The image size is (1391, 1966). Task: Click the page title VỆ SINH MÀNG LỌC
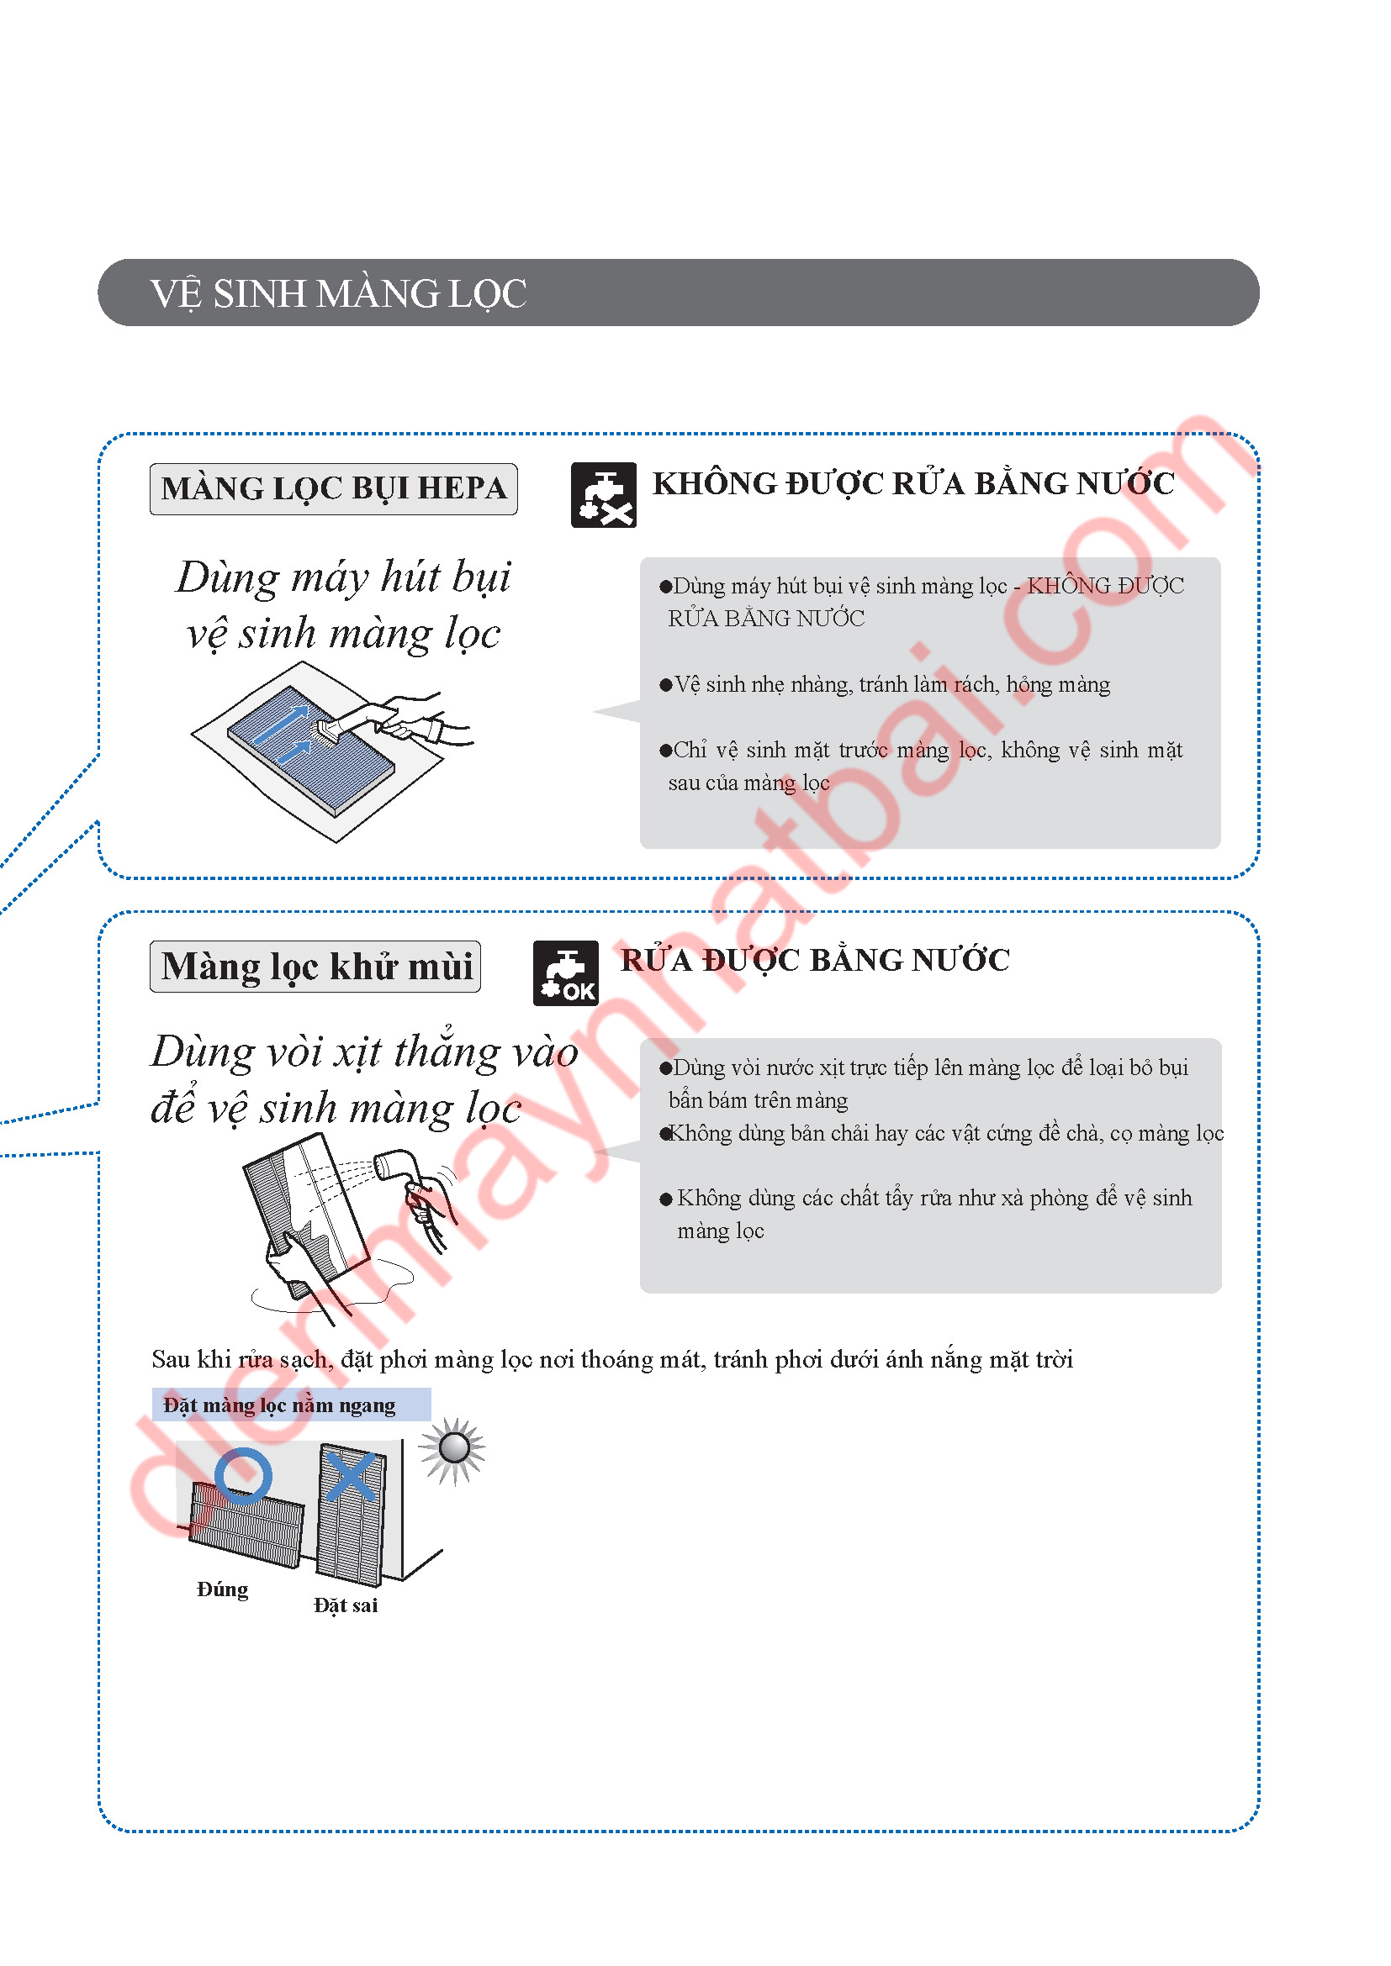pos(338,293)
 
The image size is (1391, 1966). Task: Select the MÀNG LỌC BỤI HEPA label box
pos(333,489)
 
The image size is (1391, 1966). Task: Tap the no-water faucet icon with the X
pos(604,495)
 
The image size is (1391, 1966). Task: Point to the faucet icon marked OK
pos(565,972)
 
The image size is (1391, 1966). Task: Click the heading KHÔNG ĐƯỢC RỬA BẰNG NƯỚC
pos(913,484)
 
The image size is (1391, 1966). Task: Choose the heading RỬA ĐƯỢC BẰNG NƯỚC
pos(815,960)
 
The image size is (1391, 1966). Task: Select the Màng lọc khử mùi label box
pos(315,967)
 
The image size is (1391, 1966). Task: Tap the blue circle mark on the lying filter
pos(243,1475)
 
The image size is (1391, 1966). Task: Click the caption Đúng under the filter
pos(223,1589)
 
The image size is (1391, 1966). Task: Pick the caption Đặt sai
pos(345,1605)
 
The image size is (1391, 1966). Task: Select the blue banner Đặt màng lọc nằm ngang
pos(291,1405)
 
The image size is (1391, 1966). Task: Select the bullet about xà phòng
pos(926,1215)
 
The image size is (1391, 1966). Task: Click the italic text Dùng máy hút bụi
pos(343,577)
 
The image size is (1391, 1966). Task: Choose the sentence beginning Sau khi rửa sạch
pos(612,1360)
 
